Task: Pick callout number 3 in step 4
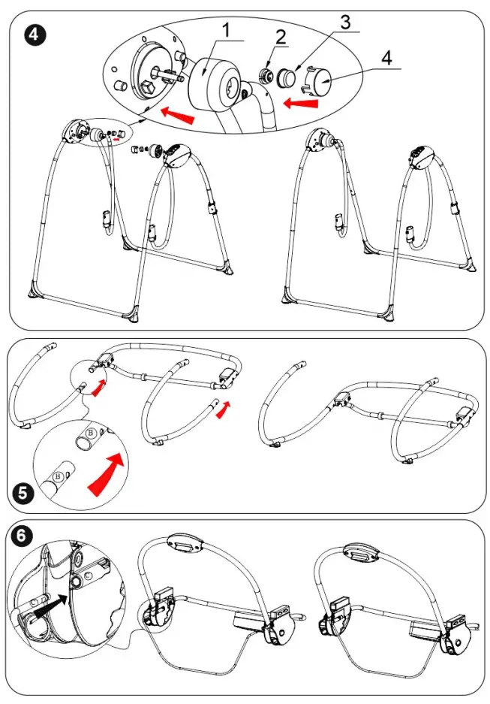pos(345,22)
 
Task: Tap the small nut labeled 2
pos(266,76)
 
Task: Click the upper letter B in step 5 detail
pos(89,434)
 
